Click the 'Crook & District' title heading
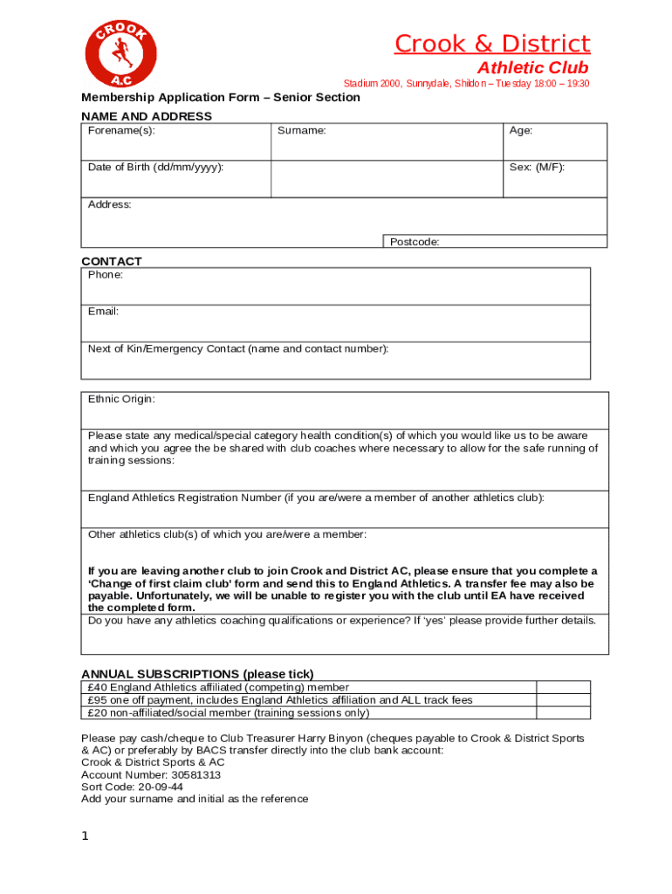491,44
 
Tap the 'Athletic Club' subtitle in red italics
532,68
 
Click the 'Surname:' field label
302,131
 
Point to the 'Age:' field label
521,131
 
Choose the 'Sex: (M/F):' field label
537,167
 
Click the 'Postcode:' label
415,242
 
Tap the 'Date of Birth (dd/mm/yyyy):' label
155,167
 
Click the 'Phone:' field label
106,275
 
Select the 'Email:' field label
103,312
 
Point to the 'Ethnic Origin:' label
121,399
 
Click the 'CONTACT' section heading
112,261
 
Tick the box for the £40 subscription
563,687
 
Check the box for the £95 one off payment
563,700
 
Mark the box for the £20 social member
563,712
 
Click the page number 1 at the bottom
86,836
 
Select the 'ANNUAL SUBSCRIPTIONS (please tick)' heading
197,674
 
